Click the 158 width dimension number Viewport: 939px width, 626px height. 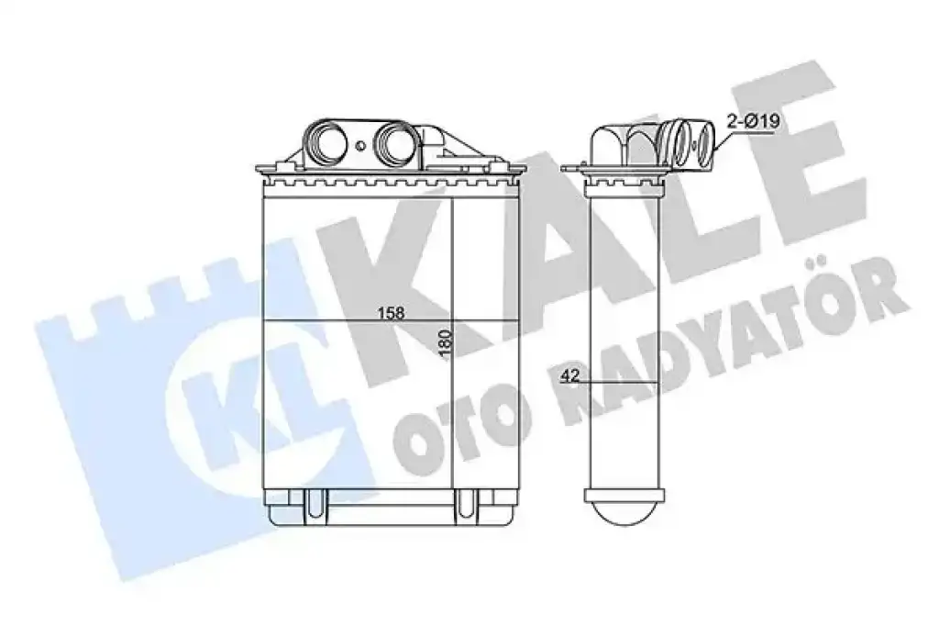[x=391, y=313]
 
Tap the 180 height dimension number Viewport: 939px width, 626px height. [x=446, y=344]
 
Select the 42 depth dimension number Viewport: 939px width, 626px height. [x=571, y=376]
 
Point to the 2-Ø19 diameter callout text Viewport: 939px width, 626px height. [x=752, y=122]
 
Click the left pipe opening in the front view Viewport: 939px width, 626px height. [x=326, y=144]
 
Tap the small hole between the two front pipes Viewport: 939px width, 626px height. [x=360, y=146]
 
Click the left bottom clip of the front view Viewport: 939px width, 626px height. [x=315, y=504]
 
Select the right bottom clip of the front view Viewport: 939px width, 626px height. [x=465, y=504]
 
